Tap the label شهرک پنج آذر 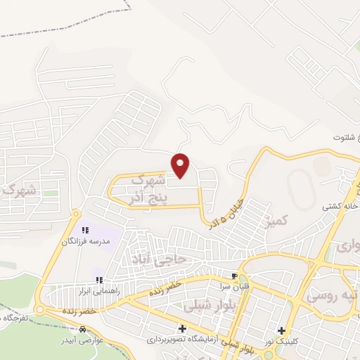click(148, 191)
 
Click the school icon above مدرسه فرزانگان click(86, 230)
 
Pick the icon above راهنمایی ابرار click(99, 280)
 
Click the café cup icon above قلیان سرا click(234, 275)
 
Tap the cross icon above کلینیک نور click(282, 330)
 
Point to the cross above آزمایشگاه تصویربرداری click(183, 328)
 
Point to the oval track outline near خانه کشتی click(301, 188)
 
